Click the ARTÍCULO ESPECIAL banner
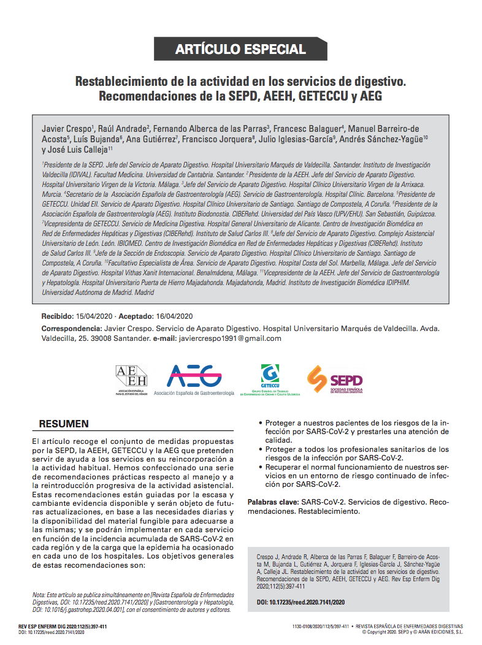point(240,49)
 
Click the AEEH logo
point(131,380)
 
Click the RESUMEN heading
point(64,424)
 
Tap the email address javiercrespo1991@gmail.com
point(225,338)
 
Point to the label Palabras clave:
point(272,502)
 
